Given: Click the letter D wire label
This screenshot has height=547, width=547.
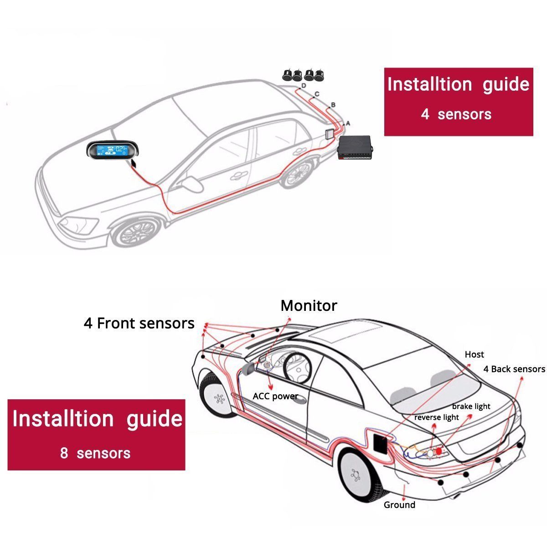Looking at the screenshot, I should click(x=303, y=86).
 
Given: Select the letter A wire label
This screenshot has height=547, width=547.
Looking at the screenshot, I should click(x=348, y=123).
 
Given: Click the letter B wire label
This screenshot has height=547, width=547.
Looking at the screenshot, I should click(x=333, y=105).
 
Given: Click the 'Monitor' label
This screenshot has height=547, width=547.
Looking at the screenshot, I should click(x=309, y=305).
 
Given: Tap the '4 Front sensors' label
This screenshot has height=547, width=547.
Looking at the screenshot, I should click(x=139, y=323).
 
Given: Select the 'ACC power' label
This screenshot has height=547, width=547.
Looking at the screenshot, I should click(x=275, y=396).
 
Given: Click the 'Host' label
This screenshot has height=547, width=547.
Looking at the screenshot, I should click(x=474, y=354).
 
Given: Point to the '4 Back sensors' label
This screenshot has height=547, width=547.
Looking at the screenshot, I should click(x=514, y=369).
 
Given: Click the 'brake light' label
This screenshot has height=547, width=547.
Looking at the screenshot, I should click(x=471, y=406).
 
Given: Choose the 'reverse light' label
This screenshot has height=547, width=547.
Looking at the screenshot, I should click(x=436, y=417).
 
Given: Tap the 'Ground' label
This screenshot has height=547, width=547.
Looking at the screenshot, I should click(x=399, y=505).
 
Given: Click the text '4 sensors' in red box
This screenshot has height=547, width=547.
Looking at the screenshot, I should click(x=456, y=114).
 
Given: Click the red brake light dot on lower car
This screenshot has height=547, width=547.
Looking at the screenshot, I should click(x=439, y=451).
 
